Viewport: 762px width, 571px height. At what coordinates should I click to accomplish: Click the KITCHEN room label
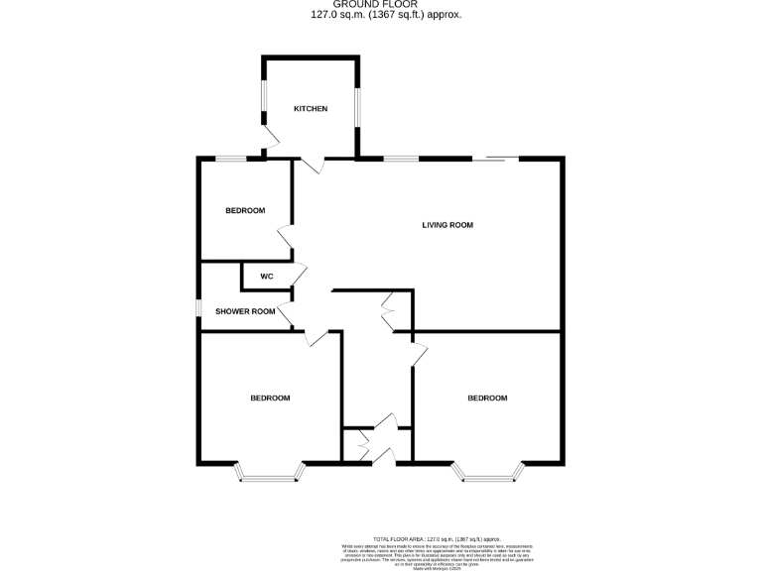[310, 108]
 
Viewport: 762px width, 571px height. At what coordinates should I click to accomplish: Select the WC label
[266, 276]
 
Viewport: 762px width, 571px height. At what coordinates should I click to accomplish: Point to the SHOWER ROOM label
[245, 311]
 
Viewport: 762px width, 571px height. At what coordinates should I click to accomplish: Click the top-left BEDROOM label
[245, 210]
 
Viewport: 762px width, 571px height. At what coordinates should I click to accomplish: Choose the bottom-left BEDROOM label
[270, 398]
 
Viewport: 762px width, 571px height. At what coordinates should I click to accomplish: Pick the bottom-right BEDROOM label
[487, 398]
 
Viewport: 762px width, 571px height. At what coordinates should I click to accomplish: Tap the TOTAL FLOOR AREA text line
[437, 535]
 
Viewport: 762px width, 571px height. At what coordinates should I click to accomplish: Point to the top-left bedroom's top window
[232, 159]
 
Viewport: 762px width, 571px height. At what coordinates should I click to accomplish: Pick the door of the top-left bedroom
[286, 238]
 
